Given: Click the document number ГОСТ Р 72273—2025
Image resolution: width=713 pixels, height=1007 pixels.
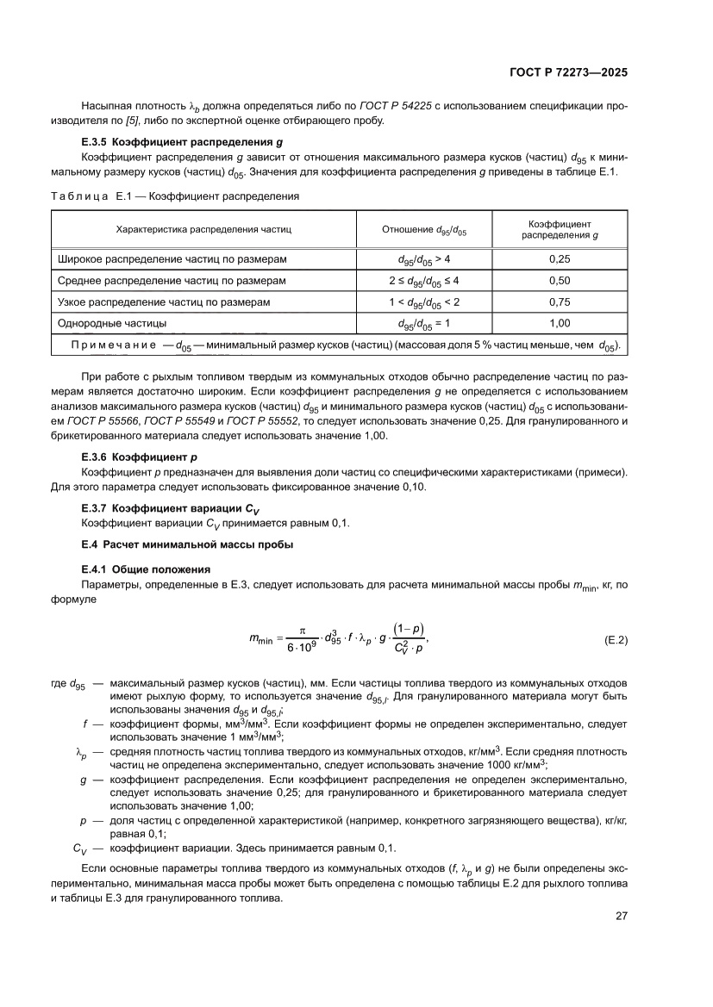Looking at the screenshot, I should tap(567, 73).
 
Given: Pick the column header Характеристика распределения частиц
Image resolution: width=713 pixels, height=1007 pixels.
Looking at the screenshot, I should tap(204, 230).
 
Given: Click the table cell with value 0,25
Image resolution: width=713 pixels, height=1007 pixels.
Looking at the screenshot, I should tap(560, 258).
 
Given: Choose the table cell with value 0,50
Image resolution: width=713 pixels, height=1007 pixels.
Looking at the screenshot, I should tap(560, 281).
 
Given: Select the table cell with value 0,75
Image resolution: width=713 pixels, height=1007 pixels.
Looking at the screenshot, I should tap(560, 302).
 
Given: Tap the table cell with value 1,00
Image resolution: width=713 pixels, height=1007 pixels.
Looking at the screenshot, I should tap(560, 324).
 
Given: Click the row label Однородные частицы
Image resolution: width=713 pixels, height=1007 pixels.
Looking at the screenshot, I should tap(112, 324).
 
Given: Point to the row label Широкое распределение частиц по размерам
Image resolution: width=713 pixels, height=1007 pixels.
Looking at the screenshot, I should tap(172, 258).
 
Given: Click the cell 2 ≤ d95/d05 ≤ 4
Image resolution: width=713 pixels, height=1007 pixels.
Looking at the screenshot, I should tap(423, 281).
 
